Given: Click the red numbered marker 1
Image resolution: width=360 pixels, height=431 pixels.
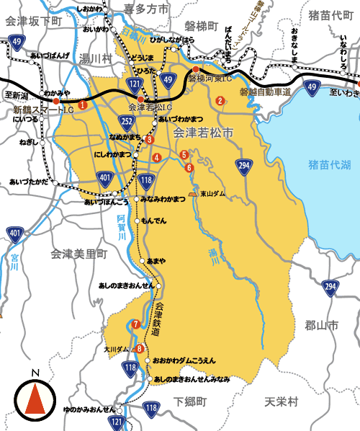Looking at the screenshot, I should (83, 105).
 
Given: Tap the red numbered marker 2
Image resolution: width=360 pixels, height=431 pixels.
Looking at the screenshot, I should (220, 100).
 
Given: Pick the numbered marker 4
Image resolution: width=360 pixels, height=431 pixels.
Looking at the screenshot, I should (156, 157).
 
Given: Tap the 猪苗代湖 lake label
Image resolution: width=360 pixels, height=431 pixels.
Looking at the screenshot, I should (328, 165).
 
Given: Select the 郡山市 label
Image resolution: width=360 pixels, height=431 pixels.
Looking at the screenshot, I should (321, 325).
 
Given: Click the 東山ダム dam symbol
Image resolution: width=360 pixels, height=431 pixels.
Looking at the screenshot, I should (193, 194).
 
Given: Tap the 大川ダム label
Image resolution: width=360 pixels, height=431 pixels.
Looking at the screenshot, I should (117, 349).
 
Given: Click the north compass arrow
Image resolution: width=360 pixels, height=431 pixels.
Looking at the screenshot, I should (35, 396).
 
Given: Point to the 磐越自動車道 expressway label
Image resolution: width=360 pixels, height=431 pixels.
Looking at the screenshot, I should (265, 92).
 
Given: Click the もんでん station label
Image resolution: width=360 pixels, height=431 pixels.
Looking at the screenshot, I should (153, 220).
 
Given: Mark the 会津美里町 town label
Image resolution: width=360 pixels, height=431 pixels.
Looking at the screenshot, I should (78, 254).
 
